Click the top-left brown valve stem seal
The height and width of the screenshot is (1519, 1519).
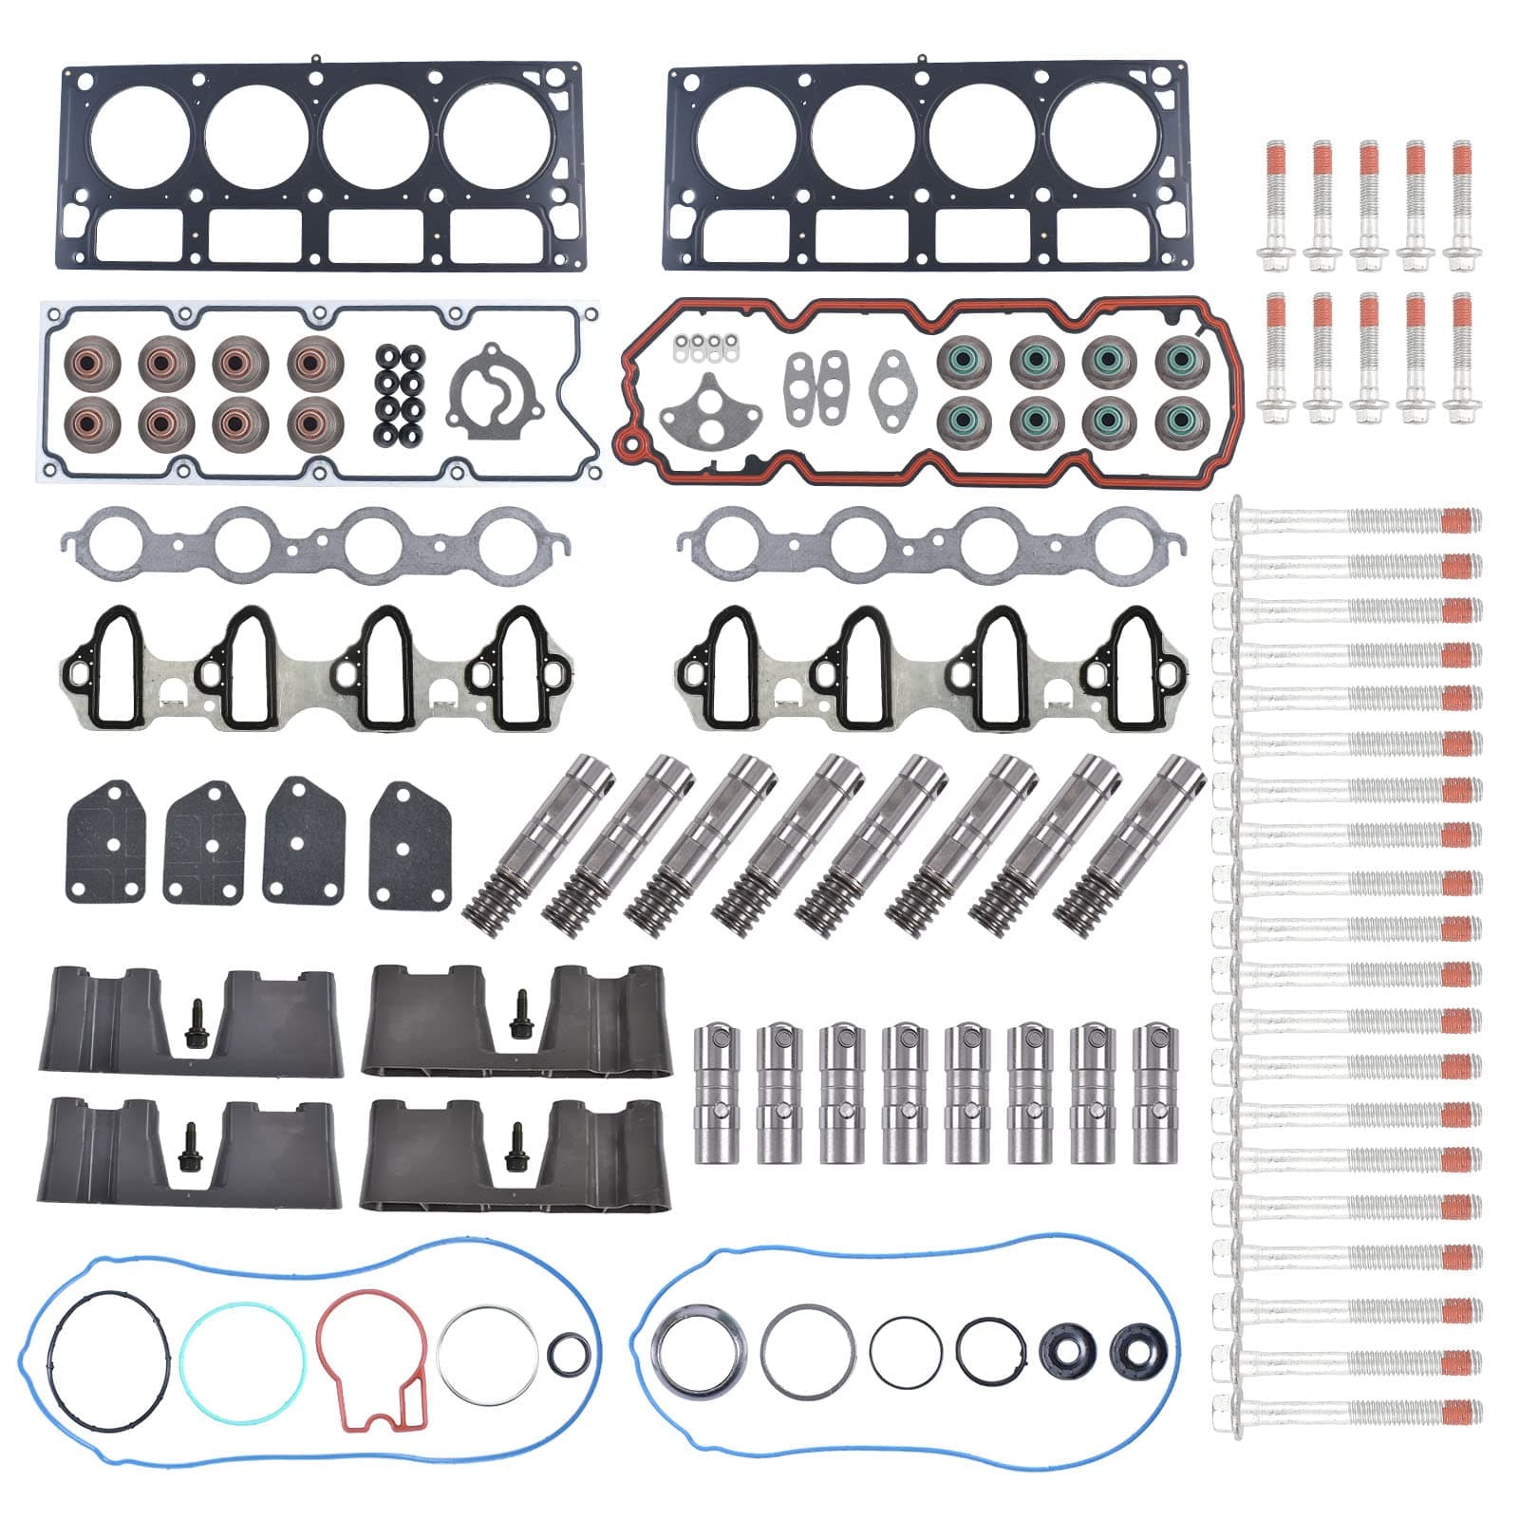pyautogui.click(x=92, y=361)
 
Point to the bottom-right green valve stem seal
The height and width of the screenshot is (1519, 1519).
pyautogui.click(x=1182, y=419)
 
